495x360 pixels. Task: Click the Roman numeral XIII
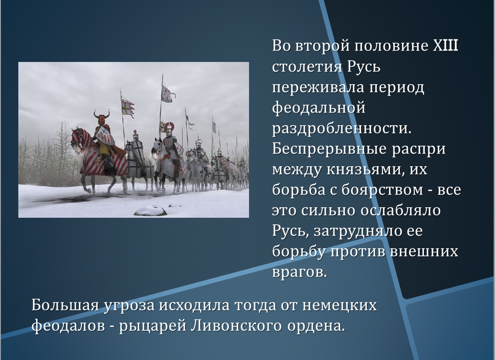tap(445, 46)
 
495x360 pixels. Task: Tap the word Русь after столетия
tap(364, 67)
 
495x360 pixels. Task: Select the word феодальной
tap(319, 108)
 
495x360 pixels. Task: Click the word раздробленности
tap(342, 128)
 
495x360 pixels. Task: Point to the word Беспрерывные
tap(329, 149)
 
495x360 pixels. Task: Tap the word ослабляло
tap(400, 210)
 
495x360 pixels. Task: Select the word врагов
tap(299, 272)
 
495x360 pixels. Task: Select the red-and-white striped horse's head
tap(77, 137)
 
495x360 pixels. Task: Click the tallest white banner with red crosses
tap(167, 94)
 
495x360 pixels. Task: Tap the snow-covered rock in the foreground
tap(150, 210)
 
